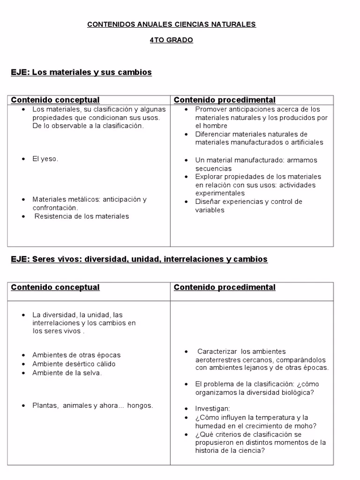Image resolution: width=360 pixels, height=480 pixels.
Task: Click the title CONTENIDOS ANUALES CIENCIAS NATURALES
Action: click(x=172, y=24)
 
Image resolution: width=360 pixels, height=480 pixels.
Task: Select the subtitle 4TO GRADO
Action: click(x=171, y=40)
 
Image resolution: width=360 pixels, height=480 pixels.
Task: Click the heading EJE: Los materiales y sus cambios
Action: click(x=81, y=73)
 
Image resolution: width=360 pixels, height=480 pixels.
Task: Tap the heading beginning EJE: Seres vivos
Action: click(x=139, y=259)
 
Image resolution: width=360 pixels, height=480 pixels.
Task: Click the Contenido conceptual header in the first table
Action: click(x=55, y=100)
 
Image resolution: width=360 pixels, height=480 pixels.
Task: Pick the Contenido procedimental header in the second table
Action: click(x=225, y=287)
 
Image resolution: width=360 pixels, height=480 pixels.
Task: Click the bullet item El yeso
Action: click(x=45, y=159)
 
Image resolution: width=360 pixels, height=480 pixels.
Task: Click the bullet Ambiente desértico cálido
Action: click(x=74, y=364)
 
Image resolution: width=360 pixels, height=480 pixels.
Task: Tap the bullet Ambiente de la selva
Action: click(x=67, y=373)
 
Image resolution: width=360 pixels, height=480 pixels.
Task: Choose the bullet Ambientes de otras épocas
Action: click(x=76, y=355)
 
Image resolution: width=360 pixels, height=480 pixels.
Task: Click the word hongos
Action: click(x=140, y=405)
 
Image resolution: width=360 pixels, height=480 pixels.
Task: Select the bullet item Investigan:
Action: click(x=213, y=408)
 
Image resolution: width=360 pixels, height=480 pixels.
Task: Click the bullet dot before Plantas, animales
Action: click(x=23, y=405)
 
